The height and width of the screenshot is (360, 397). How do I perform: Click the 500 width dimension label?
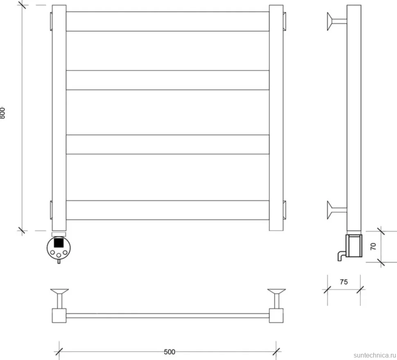tap(169, 352)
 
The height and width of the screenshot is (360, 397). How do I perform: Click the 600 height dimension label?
tap(2, 113)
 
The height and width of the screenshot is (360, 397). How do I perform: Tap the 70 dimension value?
tap(373, 246)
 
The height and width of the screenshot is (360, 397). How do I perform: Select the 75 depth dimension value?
tap(343, 282)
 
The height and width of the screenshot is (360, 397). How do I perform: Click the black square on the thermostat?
tap(59, 243)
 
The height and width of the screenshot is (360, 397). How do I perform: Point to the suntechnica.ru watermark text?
tap(375, 355)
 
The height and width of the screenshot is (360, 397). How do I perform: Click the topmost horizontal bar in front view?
tap(168, 22)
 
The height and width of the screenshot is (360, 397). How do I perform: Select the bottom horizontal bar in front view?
tap(168, 210)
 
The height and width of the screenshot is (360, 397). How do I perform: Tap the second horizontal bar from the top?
tap(168, 80)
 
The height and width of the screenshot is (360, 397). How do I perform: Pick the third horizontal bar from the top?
tap(168, 144)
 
